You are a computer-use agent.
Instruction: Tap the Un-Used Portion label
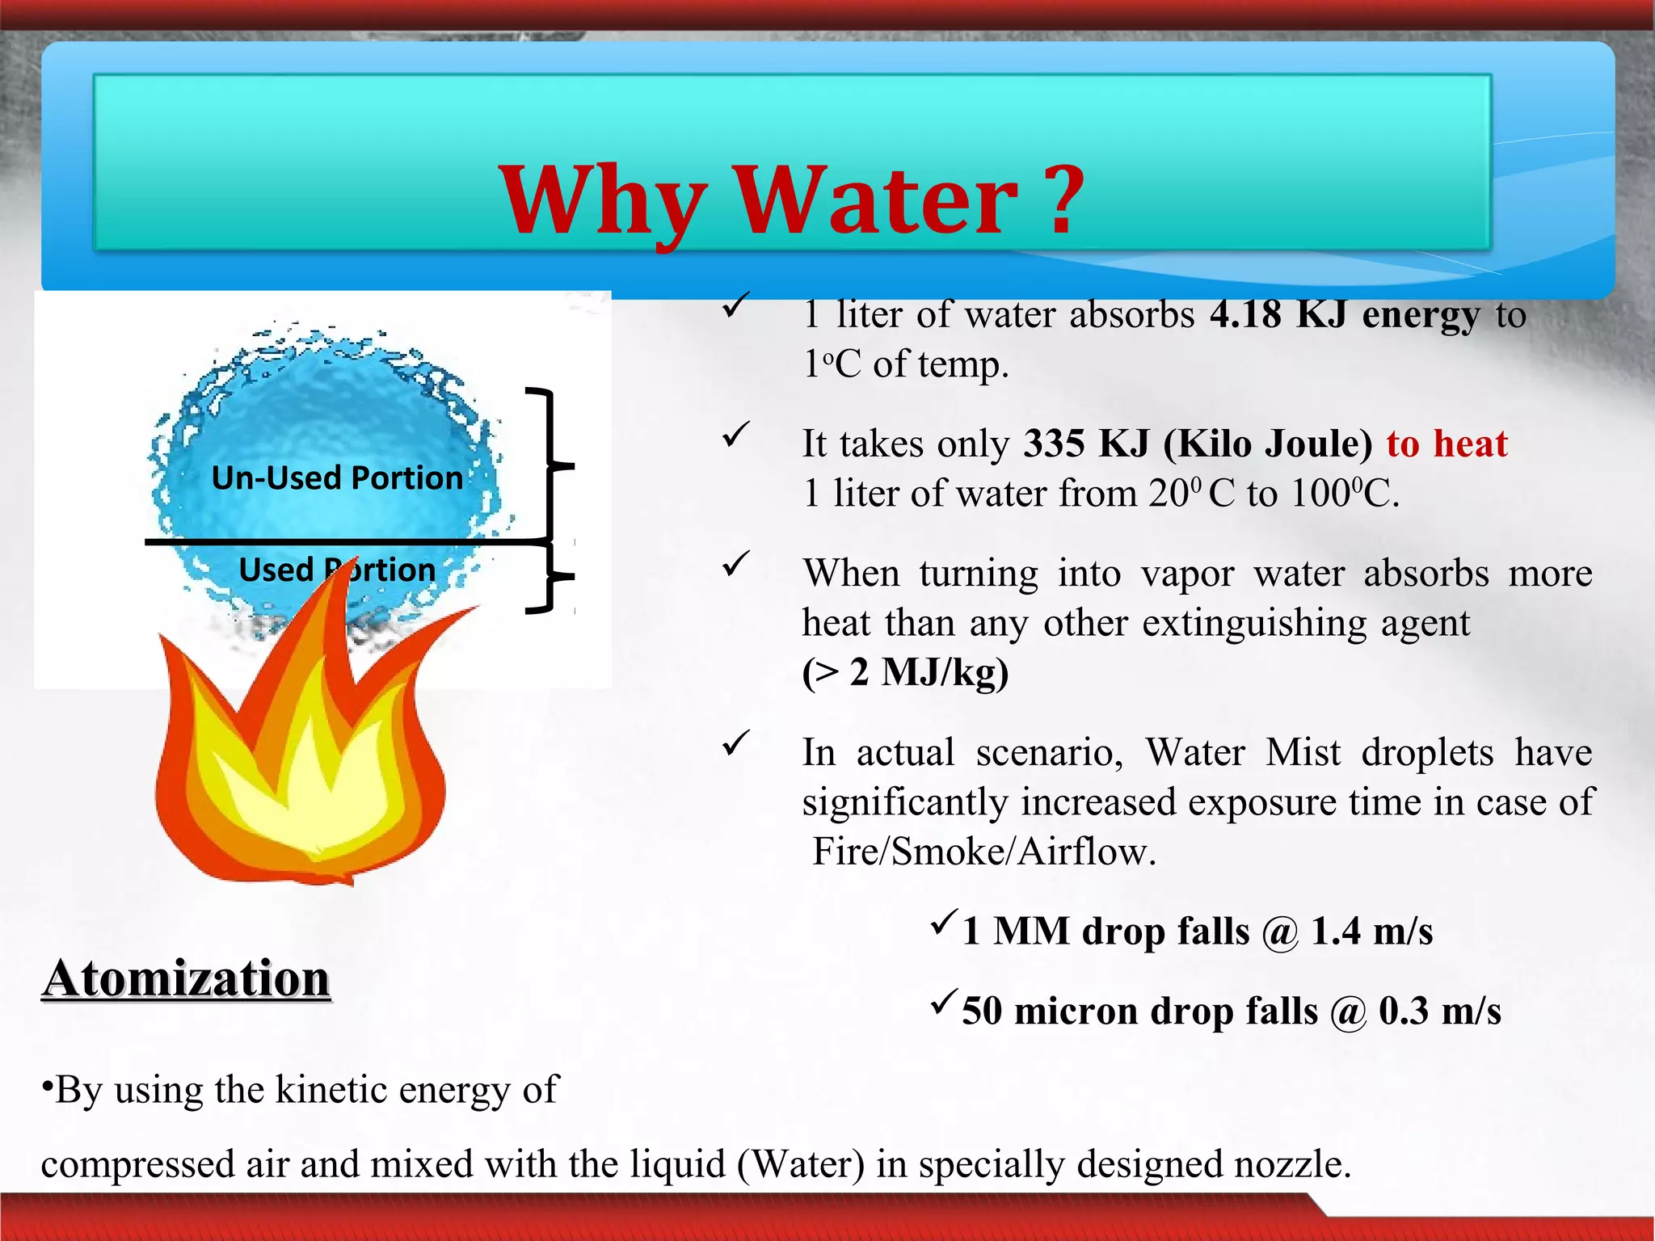tap(337, 478)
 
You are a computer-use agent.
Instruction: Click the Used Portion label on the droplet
tap(337, 570)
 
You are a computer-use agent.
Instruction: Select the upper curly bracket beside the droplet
tap(552, 465)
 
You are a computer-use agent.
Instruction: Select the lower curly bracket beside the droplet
tap(552, 577)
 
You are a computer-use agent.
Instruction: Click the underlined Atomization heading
tap(187, 979)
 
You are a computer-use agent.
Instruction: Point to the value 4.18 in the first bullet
tap(1245, 314)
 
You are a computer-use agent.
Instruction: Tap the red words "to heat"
tap(1447, 444)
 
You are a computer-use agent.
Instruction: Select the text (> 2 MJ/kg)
tap(905, 672)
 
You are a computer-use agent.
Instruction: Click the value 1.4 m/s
tap(1371, 932)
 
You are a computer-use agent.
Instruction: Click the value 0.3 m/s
tap(1439, 1012)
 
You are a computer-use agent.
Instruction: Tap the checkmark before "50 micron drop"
tap(943, 1003)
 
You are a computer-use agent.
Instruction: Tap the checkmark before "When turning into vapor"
tap(736, 564)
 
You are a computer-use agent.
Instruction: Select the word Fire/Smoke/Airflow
tap(983, 852)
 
